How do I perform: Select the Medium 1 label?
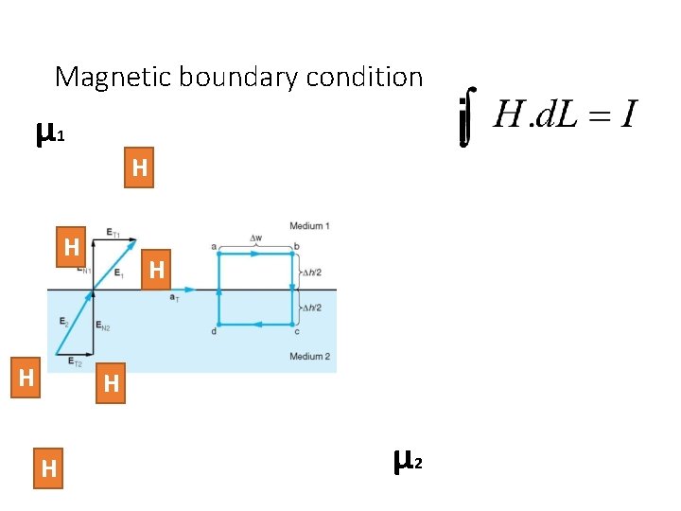click(x=309, y=226)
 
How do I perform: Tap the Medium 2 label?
click(x=309, y=356)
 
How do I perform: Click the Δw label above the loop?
click(x=255, y=238)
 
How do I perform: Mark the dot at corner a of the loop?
click(x=218, y=254)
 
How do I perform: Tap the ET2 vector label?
click(x=76, y=363)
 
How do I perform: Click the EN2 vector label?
click(x=103, y=326)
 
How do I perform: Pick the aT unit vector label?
click(x=174, y=299)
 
